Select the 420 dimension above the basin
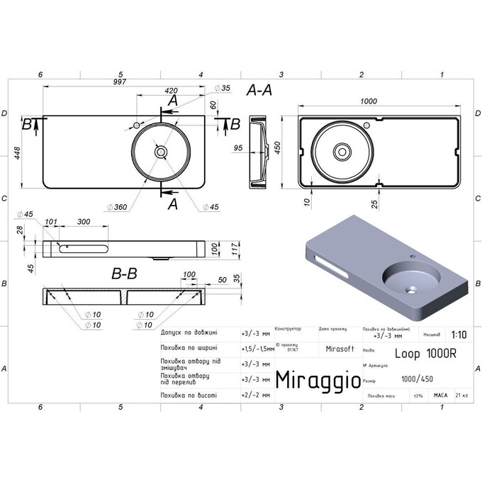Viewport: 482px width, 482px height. pos(171,91)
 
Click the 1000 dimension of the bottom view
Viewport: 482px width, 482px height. pos(368,102)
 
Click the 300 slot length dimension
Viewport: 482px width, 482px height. pos(84,222)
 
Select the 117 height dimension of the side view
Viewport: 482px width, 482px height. pos(232,249)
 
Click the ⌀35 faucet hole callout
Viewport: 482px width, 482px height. pos(226,89)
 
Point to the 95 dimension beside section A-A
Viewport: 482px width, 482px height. pos(238,148)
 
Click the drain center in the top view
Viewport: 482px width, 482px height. pos(161,151)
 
